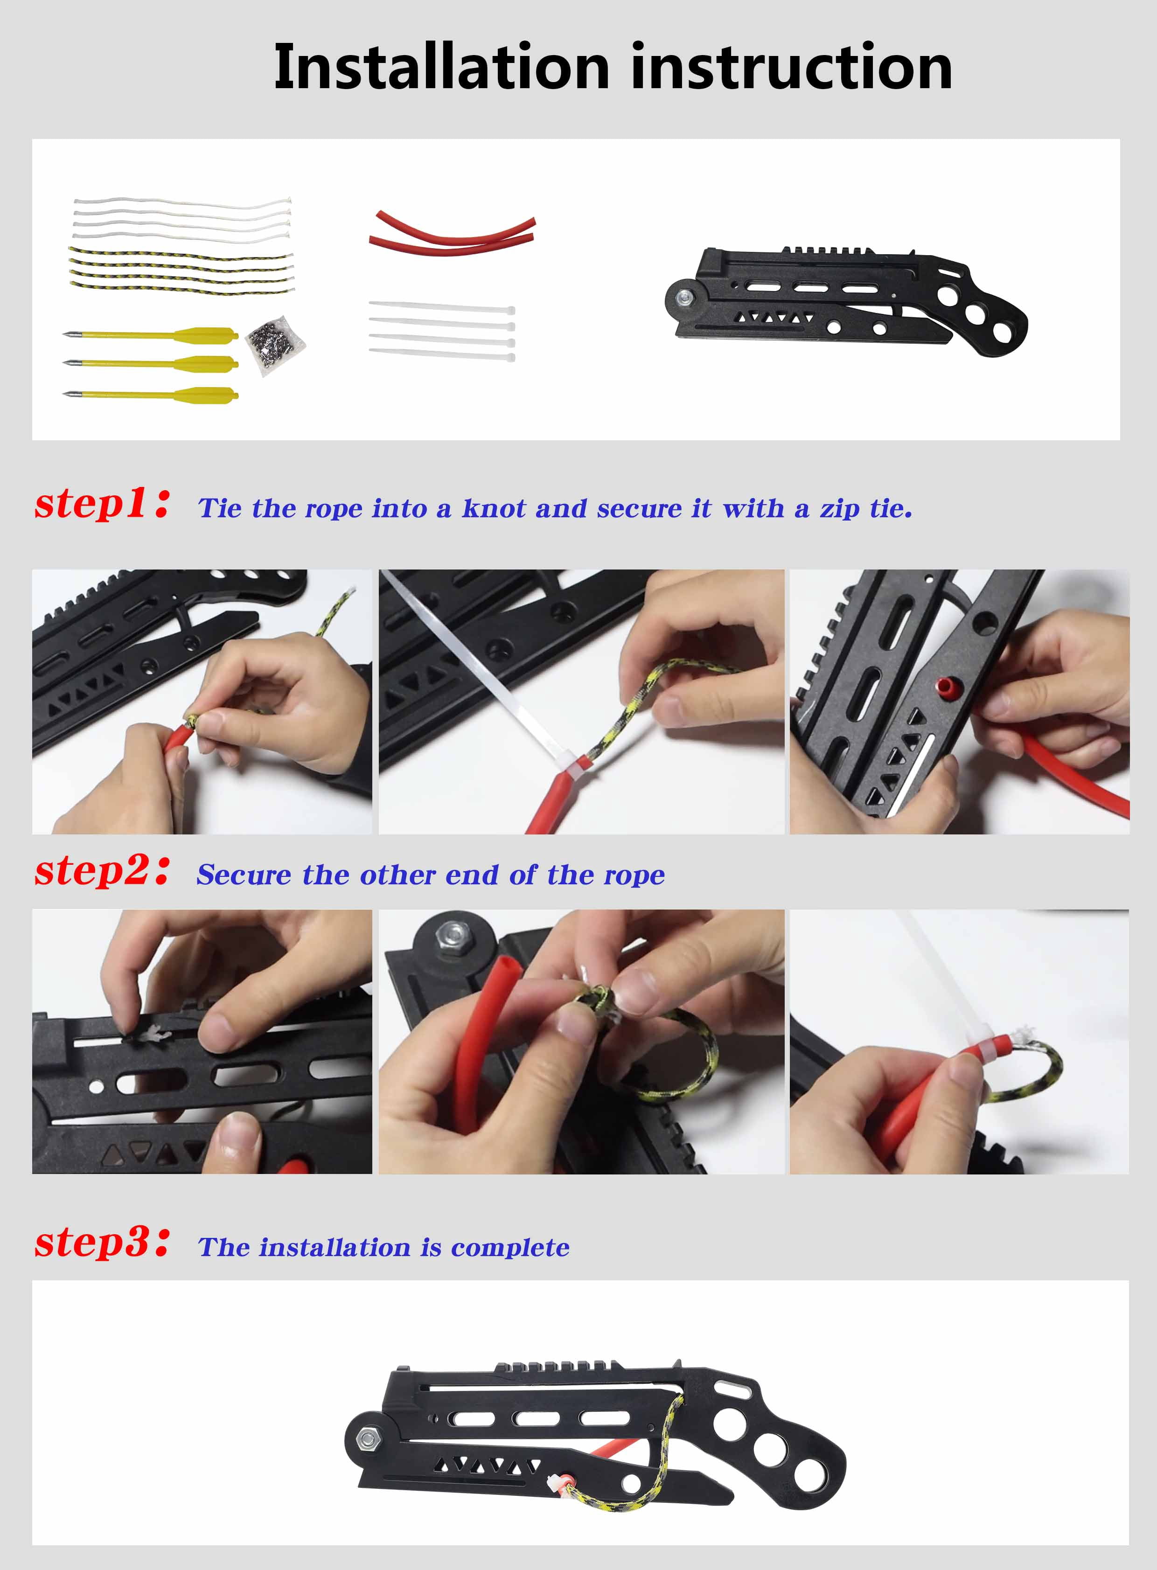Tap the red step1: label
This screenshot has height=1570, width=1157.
(102, 505)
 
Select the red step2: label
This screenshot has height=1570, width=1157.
(102, 871)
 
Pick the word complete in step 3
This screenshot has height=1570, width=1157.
(510, 1248)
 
